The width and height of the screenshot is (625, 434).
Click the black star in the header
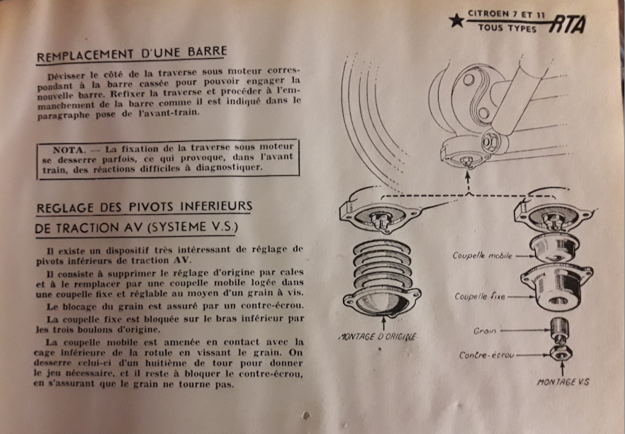click(456, 21)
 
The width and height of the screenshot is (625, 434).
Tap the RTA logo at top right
click(567, 24)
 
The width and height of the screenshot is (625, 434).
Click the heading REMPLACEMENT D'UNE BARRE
click(132, 54)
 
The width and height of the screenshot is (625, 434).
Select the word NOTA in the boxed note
click(69, 150)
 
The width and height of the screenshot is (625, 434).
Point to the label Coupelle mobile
click(483, 255)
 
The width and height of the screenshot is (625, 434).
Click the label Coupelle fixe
click(480, 296)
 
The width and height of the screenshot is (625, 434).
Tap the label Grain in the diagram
click(485, 330)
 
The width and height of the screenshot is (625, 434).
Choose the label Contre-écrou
click(487, 355)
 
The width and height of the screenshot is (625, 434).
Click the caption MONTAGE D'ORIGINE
click(377, 337)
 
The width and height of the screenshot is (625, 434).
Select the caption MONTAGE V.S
click(563, 382)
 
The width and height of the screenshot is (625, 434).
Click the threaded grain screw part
click(560, 329)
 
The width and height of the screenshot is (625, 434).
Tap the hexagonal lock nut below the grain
click(561, 352)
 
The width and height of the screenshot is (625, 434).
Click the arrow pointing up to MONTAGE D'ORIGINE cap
click(384, 323)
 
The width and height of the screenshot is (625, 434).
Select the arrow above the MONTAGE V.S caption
click(563, 368)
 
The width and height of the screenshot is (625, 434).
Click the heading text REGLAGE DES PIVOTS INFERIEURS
click(145, 207)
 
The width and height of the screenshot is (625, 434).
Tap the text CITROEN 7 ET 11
click(506, 14)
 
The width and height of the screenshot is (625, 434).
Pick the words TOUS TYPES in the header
click(507, 28)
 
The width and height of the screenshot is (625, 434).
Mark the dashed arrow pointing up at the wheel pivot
click(468, 182)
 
